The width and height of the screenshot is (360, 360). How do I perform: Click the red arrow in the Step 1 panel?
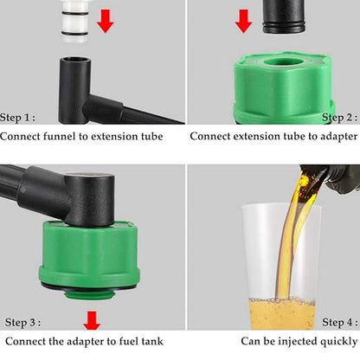[105, 19]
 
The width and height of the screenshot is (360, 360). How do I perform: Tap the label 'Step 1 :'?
[18, 117]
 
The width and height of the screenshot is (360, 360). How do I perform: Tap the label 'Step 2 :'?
[339, 117]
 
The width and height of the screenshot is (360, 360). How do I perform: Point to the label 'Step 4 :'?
[339, 322]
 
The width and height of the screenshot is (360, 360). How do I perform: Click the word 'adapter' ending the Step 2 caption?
[335, 136]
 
